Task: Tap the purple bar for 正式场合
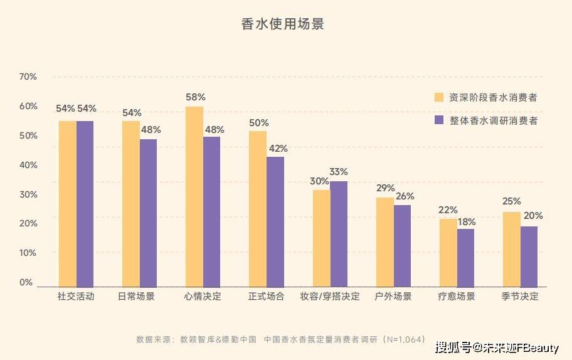coord(275,221)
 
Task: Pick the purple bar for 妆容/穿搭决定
coord(339,233)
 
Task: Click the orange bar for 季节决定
coord(511,249)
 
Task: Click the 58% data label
coord(196,97)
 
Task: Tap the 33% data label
coord(339,172)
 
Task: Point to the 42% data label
coord(277,149)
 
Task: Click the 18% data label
coord(466,221)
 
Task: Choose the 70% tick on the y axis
coord(28,77)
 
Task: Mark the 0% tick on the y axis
coord(26,283)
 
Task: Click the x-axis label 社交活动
coord(76,297)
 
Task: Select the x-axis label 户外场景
coord(393,297)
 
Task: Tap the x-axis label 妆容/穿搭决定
coord(330,297)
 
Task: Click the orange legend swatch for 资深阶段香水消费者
coord(439,97)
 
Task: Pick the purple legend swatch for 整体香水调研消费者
coord(439,120)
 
